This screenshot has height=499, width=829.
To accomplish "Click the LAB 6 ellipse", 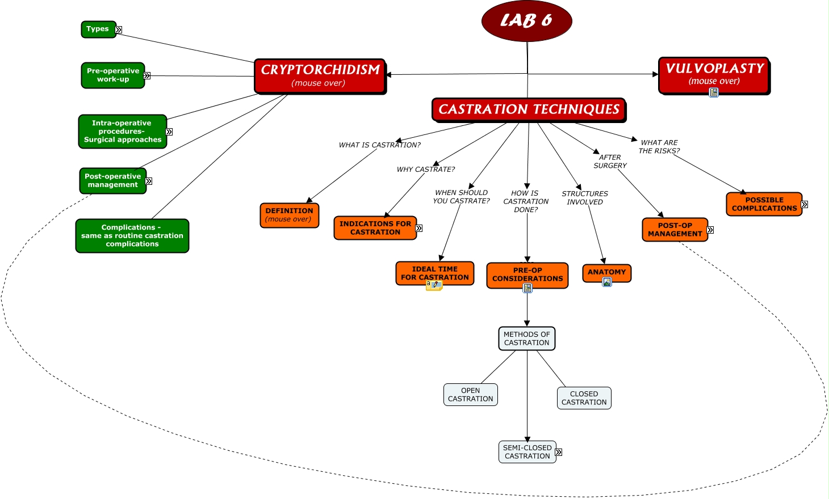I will point(526,21).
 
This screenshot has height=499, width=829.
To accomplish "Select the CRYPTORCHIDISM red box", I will point(320,76).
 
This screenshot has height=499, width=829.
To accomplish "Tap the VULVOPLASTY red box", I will point(714,75).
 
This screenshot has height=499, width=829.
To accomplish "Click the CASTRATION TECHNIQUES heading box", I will point(529,109).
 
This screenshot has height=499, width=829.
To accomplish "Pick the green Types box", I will point(98,29).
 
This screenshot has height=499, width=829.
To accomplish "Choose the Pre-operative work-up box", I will point(112,75).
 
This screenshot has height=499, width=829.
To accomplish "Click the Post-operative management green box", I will point(112,181).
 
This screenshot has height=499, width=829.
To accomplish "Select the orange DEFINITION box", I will point(289,215).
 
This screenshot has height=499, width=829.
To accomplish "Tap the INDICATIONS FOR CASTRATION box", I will point(375,228).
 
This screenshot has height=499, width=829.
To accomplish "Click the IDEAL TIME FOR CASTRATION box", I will point(434,273).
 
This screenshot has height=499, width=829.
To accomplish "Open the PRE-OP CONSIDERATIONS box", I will point(527,275).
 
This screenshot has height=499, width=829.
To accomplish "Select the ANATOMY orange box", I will point(606,272).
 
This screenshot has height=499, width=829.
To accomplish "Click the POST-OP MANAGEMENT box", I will point(675,230).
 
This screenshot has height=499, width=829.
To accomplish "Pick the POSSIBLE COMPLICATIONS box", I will point(764,204).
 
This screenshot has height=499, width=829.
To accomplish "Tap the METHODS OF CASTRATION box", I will point(526,339).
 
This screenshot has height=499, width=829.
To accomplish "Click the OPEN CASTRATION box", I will point(470,395).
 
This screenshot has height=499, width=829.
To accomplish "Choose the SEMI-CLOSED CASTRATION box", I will point(527,452).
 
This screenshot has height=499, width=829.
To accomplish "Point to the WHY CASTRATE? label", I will point(425,170).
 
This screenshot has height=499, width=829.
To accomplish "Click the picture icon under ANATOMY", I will point(607,282).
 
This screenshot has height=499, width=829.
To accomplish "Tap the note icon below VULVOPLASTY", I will point(714,92).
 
